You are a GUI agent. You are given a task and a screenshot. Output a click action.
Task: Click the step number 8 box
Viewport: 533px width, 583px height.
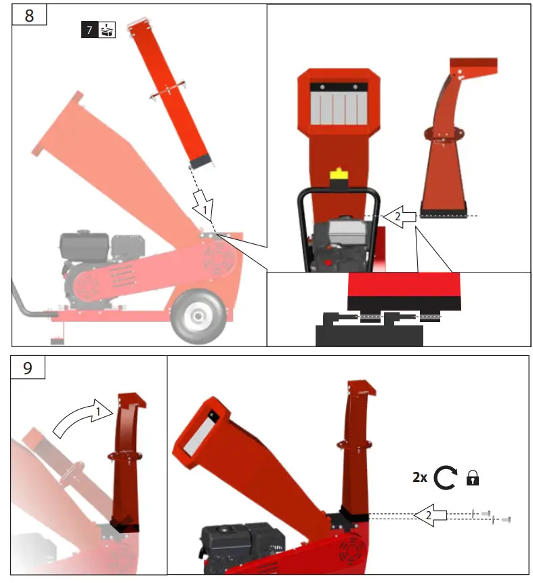pyautogui.click(x=28, y=15)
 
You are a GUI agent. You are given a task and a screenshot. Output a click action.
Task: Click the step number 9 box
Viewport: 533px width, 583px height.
pyautogui.click(x=28, y=368)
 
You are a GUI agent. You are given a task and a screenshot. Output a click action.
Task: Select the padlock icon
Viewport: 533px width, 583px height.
pyautogui.click(x=473, y=479)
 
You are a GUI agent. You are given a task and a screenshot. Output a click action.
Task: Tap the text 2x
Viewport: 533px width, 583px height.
pyautogui.click(x=420, y=478)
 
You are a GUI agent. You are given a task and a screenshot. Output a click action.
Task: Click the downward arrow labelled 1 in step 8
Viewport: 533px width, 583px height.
pyautogui.click(x=202, y=205)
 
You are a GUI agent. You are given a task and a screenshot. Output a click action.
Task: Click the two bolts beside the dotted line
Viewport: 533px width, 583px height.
pyautogui.click(x=491, y=517)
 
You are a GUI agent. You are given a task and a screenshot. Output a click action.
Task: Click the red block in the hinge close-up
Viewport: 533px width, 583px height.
pyautogui.click(x=403, y=289)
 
